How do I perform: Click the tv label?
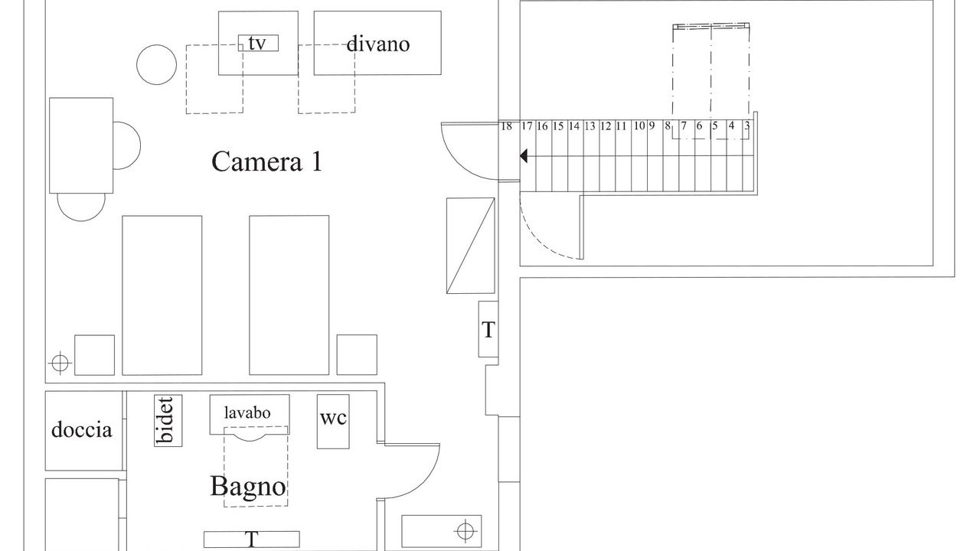tap(257, 44)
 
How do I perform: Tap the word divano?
tap(377, 44)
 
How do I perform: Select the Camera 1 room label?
tap(266, 161)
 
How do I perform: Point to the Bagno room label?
tap(248, 486)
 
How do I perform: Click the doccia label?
tap(82, 429)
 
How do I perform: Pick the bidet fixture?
tap(168, 420)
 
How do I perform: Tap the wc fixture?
tap(333, 419)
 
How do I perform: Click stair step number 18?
tap(506, 126)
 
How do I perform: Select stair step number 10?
tap(639, 126)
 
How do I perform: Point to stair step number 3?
tap(746, 126)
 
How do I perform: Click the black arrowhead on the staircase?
tap(524, 156)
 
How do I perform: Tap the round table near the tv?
tap(157, 64)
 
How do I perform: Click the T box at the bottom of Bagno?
tap(251, 540)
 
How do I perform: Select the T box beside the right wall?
tap(488, 330)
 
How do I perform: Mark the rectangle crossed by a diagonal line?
tap(470, 246)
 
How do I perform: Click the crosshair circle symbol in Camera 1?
tap(60, 362)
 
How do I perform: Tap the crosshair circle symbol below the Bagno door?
tap(464, 530)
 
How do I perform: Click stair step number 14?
tap(574, 126)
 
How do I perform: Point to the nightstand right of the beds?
tap(357, 355)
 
